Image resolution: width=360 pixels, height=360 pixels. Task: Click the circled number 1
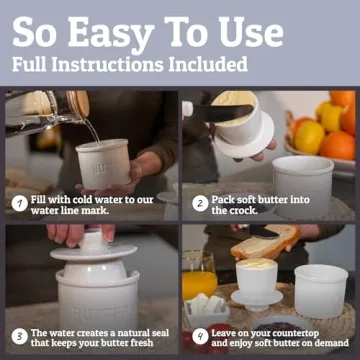pyautogui.click(x=18, y=203)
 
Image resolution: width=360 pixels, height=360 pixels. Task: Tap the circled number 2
pyautogui.click(x=199, y=203)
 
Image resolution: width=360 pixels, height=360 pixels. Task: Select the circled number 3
pyautogui.click(x=18, y=336)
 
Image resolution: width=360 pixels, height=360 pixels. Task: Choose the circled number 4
pyautogui.click(x=199, y=336)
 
